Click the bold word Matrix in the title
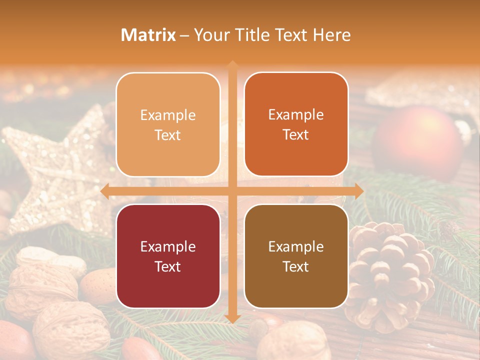(x=148, y=34)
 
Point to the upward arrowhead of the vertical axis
(x=232, y=64)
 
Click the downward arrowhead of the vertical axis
(x=232, y=318)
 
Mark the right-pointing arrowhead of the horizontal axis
(x=359, y=191)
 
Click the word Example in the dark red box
(x=168, y=246)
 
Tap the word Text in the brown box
(x=296, y=266)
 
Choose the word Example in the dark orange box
(x=296, y=114)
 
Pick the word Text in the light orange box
(x=168, y=135)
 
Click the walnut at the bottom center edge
(x=292, y=342)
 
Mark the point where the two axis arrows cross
(x=232, y=191)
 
